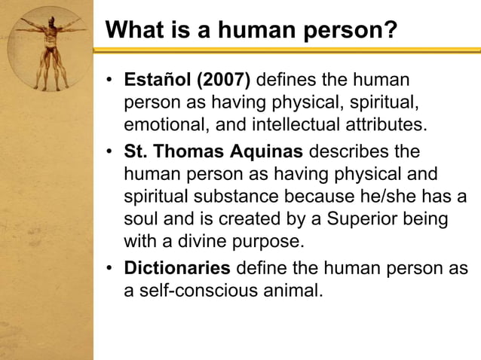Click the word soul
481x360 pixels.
coord(142,219)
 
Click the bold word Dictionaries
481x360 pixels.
coord(177,268)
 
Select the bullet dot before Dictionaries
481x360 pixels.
coord(110,269)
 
